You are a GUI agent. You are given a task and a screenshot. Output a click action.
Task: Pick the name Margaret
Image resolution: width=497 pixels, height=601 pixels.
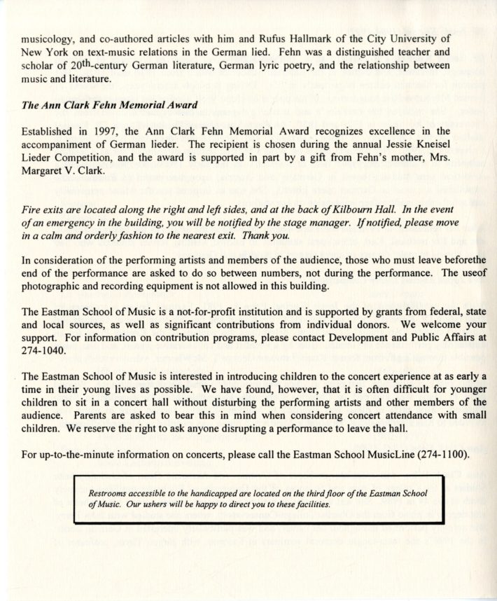(x=46, y=170)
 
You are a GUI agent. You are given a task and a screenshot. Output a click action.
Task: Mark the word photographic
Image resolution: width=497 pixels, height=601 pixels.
(x=52, y=288)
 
